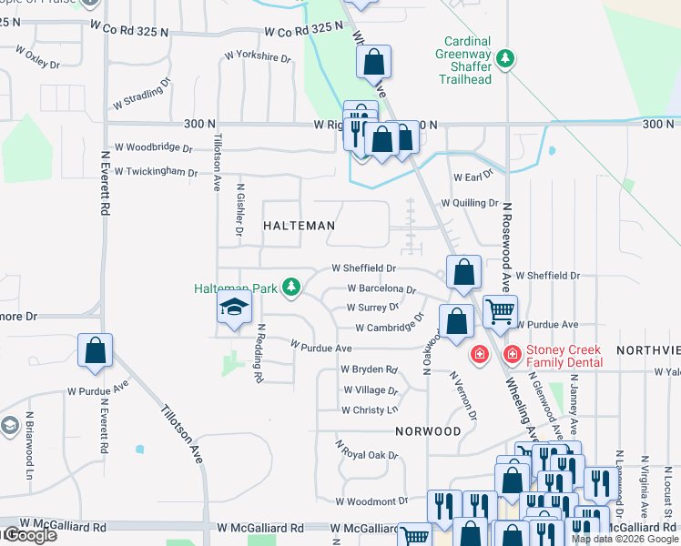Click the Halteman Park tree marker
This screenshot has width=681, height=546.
pyautogui.click(x=290, y=288)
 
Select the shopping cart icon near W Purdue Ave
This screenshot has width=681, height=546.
pyautogui.click(x=500, y=310)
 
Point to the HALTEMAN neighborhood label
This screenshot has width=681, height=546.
pyautogui.click(x=300, y=225)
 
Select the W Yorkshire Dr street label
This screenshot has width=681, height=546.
pyautogui.click(x=256, y=57)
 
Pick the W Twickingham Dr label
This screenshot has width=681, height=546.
pyautogui.click(x=156, y=172)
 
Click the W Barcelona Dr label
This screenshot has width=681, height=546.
pyautogui.click(x=381, y=288)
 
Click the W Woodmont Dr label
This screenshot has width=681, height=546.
pyautogui.click(x=371, y=501)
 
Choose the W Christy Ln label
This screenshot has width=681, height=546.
pyautogui.click(x=370, y=410)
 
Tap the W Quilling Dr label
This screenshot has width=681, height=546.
pyautogui.click(x=470, y=203)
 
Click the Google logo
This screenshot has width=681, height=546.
pyautogui.click(x=29, y=536)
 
